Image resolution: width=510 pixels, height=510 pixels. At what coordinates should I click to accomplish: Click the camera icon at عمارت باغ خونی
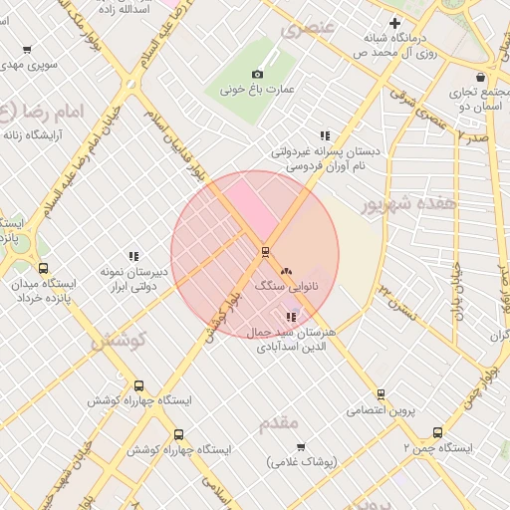click(x=258, y=74)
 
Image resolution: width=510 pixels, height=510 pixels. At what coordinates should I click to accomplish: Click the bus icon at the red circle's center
click(x=265, y=251)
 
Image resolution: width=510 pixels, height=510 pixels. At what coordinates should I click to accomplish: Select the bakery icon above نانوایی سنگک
click(x=287, y=270)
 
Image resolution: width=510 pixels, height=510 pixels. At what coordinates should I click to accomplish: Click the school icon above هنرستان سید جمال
click(x=291, y=317)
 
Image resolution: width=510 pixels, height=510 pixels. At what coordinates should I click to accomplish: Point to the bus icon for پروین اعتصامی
click(x=381, y=394)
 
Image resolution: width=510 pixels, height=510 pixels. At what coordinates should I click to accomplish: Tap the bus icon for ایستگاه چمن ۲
click(x=437, y=432)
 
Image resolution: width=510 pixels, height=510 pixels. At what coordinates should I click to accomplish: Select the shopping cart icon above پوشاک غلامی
click(x=301, y=446)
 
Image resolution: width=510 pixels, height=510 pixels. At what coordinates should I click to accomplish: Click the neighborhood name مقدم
click(x=279, y=423)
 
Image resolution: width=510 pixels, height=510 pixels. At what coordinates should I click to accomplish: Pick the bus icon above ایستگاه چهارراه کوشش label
click(x=138, y=385)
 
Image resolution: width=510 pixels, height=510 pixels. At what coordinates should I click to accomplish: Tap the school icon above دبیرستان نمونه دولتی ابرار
click(x=132, y=256)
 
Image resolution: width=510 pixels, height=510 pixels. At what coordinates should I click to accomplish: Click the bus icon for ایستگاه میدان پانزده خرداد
click(x=43, y=267)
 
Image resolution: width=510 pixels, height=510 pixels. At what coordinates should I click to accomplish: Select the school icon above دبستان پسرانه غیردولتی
click(x=325, y=135)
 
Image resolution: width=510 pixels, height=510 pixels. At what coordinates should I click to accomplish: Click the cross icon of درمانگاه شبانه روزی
click(x=394, y=23)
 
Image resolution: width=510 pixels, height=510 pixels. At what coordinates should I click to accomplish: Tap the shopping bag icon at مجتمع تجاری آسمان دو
click(x=481, y=77)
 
